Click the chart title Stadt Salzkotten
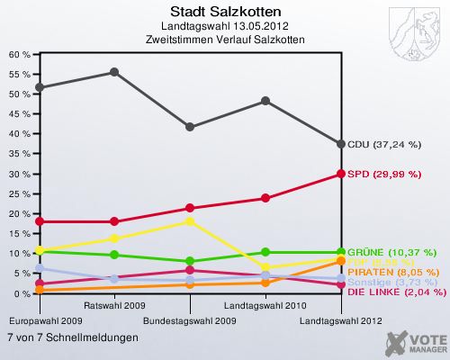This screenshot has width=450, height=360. (x=225, y=12)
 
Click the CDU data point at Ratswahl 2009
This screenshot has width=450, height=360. (x=114, y=72)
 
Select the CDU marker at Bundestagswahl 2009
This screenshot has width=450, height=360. (x=190, y=127)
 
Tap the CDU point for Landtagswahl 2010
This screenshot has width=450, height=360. (x=265, y=101)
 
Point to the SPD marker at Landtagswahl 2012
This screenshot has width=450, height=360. (x=341, y=174)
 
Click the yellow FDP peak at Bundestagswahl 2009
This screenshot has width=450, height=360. (x=190, y=220)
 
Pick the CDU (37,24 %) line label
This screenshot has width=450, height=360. (x=384, y=144)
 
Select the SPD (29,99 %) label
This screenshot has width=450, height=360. (x=383, y=174)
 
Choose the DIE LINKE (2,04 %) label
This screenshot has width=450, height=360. (x=396, y=292)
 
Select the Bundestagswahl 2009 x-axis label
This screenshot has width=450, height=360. (x=190, y=319)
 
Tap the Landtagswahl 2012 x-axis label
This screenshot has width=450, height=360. (x=340, y=319)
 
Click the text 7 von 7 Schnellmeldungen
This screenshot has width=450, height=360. (x=73, y=337)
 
